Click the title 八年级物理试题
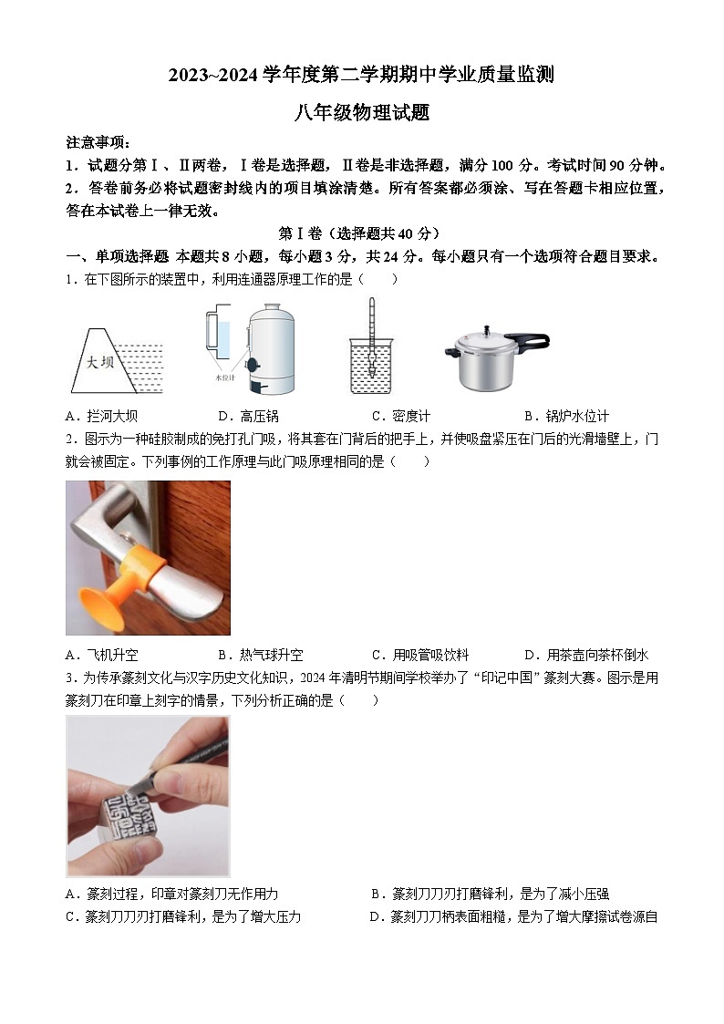coord(362,113)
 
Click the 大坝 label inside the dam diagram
coord(100,361)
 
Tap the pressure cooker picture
coord(496,356)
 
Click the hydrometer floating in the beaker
coord(371,338)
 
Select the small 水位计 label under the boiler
coord(224,378)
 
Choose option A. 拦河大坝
coord(101,416)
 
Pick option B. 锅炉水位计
coord(566,416)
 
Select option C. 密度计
coord(401,416)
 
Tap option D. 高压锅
coord(248,416)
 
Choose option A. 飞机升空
coord(101,655)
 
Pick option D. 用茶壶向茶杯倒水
coord(586,655)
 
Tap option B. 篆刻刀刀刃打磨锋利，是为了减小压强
coord(490,894)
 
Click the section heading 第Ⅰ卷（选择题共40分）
coord(359,233)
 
